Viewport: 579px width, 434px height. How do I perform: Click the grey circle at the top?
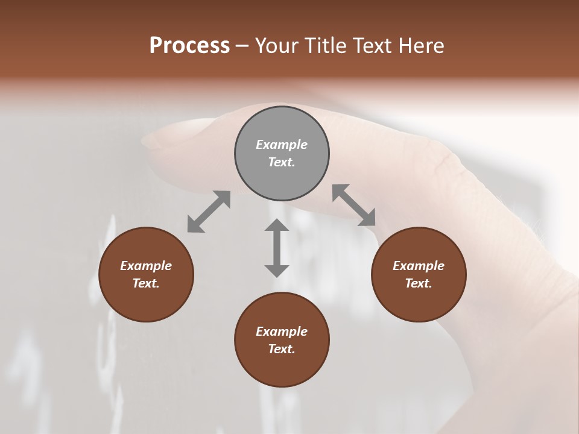(282, 154)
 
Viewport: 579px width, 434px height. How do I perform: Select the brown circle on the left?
(146, 275)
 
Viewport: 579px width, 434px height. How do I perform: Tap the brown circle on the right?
(419, 275)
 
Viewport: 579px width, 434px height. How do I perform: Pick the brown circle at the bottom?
(282, 340)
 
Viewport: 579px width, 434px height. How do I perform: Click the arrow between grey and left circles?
(209, 212)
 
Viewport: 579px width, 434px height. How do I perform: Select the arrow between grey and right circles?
(354, 205)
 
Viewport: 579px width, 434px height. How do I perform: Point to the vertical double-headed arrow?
(277, 248)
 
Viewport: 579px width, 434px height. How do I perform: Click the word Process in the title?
(189, 46)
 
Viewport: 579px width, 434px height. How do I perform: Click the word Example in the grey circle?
(282, 145)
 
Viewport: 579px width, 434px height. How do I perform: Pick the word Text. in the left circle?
(146, 283)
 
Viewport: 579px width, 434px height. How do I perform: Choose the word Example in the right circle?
(419, 266)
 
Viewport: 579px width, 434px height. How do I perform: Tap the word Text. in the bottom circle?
(282, 349)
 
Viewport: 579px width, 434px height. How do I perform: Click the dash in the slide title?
(242, 46)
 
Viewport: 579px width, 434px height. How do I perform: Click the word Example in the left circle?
(146, 266)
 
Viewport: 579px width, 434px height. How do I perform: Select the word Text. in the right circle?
(419, 283)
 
